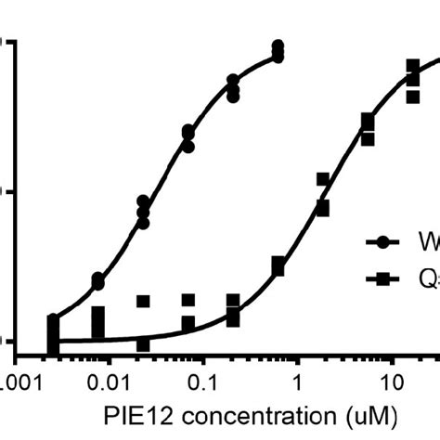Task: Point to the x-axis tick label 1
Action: click(x=297, y=381)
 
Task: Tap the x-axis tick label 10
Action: click(x=393, y=381)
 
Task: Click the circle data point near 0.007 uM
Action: click(x=98, y=280)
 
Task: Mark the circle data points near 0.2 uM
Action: click(x=233, y=89)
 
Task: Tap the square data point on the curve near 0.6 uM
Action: click(x=278, y=266)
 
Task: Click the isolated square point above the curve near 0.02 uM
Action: click(x=143, y=301)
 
